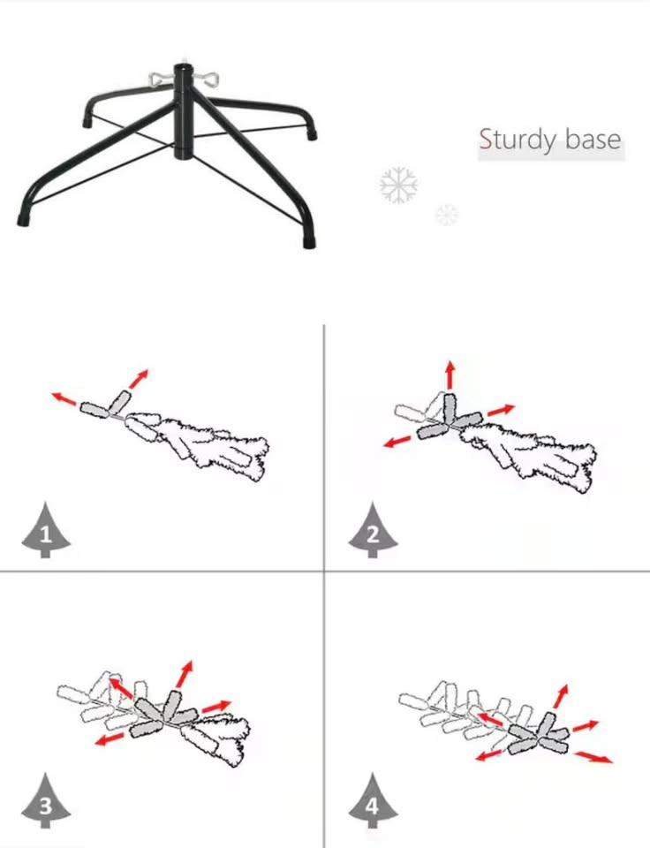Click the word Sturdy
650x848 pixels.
click(x=518, y=140)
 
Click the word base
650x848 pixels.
click(x=593, y=139)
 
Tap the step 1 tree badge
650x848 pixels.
click(x=45, y=531)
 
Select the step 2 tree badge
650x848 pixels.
click(x=373, y=531)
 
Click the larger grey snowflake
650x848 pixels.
click(x=398, y=185)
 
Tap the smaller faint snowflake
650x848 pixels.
click(x=447, y=215)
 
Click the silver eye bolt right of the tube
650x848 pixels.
click(x=207, y=79)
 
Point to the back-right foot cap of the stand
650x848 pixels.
click(x=311, y=133)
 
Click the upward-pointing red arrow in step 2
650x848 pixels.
click(x=450, y=374)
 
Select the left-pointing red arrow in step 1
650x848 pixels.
click(x=64, y=398)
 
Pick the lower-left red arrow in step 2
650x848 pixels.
click(x=397, y=441)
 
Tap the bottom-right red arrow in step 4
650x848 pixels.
click(x=593, y=757)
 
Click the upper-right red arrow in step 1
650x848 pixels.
click(x=138, y=379)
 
